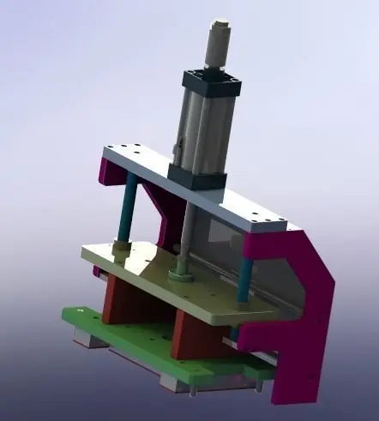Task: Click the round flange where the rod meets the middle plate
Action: tap(181, 274)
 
